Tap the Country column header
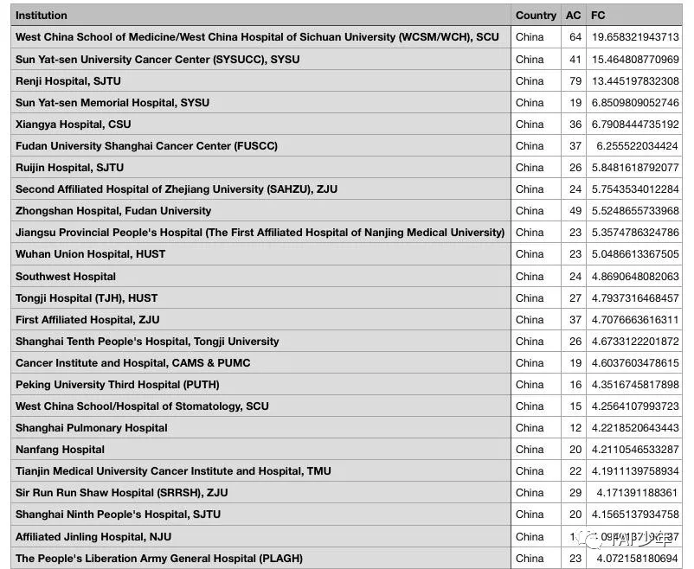[x=536, y=16]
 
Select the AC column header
[x=573, y=16]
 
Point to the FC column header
[x=598, y=16]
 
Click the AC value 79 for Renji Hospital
[x=575, y=81]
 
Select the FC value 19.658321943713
[x=635, y=38]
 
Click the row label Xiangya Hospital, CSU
[x=73, y=125]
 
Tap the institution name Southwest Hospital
[x=66, y=277]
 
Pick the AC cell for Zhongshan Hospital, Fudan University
[x=575, y=211]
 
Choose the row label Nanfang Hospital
[x=60, y=450]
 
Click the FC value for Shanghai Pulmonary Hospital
[x=635, y=428]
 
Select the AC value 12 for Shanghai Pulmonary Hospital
[x=575, y=428]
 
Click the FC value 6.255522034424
[x=635, y=146]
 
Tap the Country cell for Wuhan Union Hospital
[x=530, y=254]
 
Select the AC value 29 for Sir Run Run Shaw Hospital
[x=575, y=493]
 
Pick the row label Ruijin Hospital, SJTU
[x=69, y=168]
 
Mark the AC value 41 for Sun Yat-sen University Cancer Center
[x=575, y=60]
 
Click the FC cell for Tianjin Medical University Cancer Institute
[x=635, y=471]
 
